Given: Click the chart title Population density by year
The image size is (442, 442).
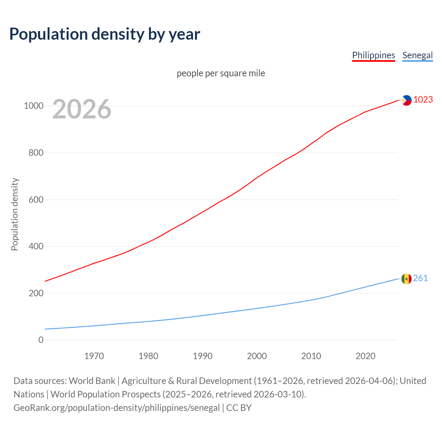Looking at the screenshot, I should tap(105, 34).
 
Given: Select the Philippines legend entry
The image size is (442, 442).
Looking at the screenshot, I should tap(373, 55).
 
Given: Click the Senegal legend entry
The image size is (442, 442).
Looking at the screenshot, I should tap(417, 55).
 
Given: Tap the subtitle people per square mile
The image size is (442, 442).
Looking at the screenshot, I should tap(221, 73).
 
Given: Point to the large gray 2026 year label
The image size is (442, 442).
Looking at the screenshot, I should tap(82, 109).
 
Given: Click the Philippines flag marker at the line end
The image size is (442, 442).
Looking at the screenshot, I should tap(406, 100).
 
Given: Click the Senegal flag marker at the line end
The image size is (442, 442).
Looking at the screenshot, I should tap(406, 278).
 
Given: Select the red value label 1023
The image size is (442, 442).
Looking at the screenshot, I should tap(423, 99).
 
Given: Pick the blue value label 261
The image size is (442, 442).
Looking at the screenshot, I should tap(421, 278).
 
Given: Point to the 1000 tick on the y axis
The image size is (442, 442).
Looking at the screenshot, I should tap(33, 106).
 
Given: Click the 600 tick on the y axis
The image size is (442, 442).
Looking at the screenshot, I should tap(36, 200).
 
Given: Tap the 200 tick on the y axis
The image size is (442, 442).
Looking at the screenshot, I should tap(36, 293).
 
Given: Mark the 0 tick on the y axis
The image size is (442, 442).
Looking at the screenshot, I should tap(41, 340).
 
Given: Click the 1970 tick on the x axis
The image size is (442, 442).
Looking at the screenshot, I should tap(94, 356).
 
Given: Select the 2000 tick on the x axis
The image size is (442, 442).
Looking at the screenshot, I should tap(257, 356).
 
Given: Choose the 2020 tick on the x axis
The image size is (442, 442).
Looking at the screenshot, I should tap(365, 356).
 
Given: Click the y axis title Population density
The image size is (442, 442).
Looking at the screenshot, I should tap(15, 214).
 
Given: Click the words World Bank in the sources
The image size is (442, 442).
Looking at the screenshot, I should tap(92, 381).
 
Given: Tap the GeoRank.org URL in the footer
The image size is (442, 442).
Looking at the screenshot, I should tap(116, 408).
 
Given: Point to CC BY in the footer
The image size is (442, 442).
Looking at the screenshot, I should tap(239, 408).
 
